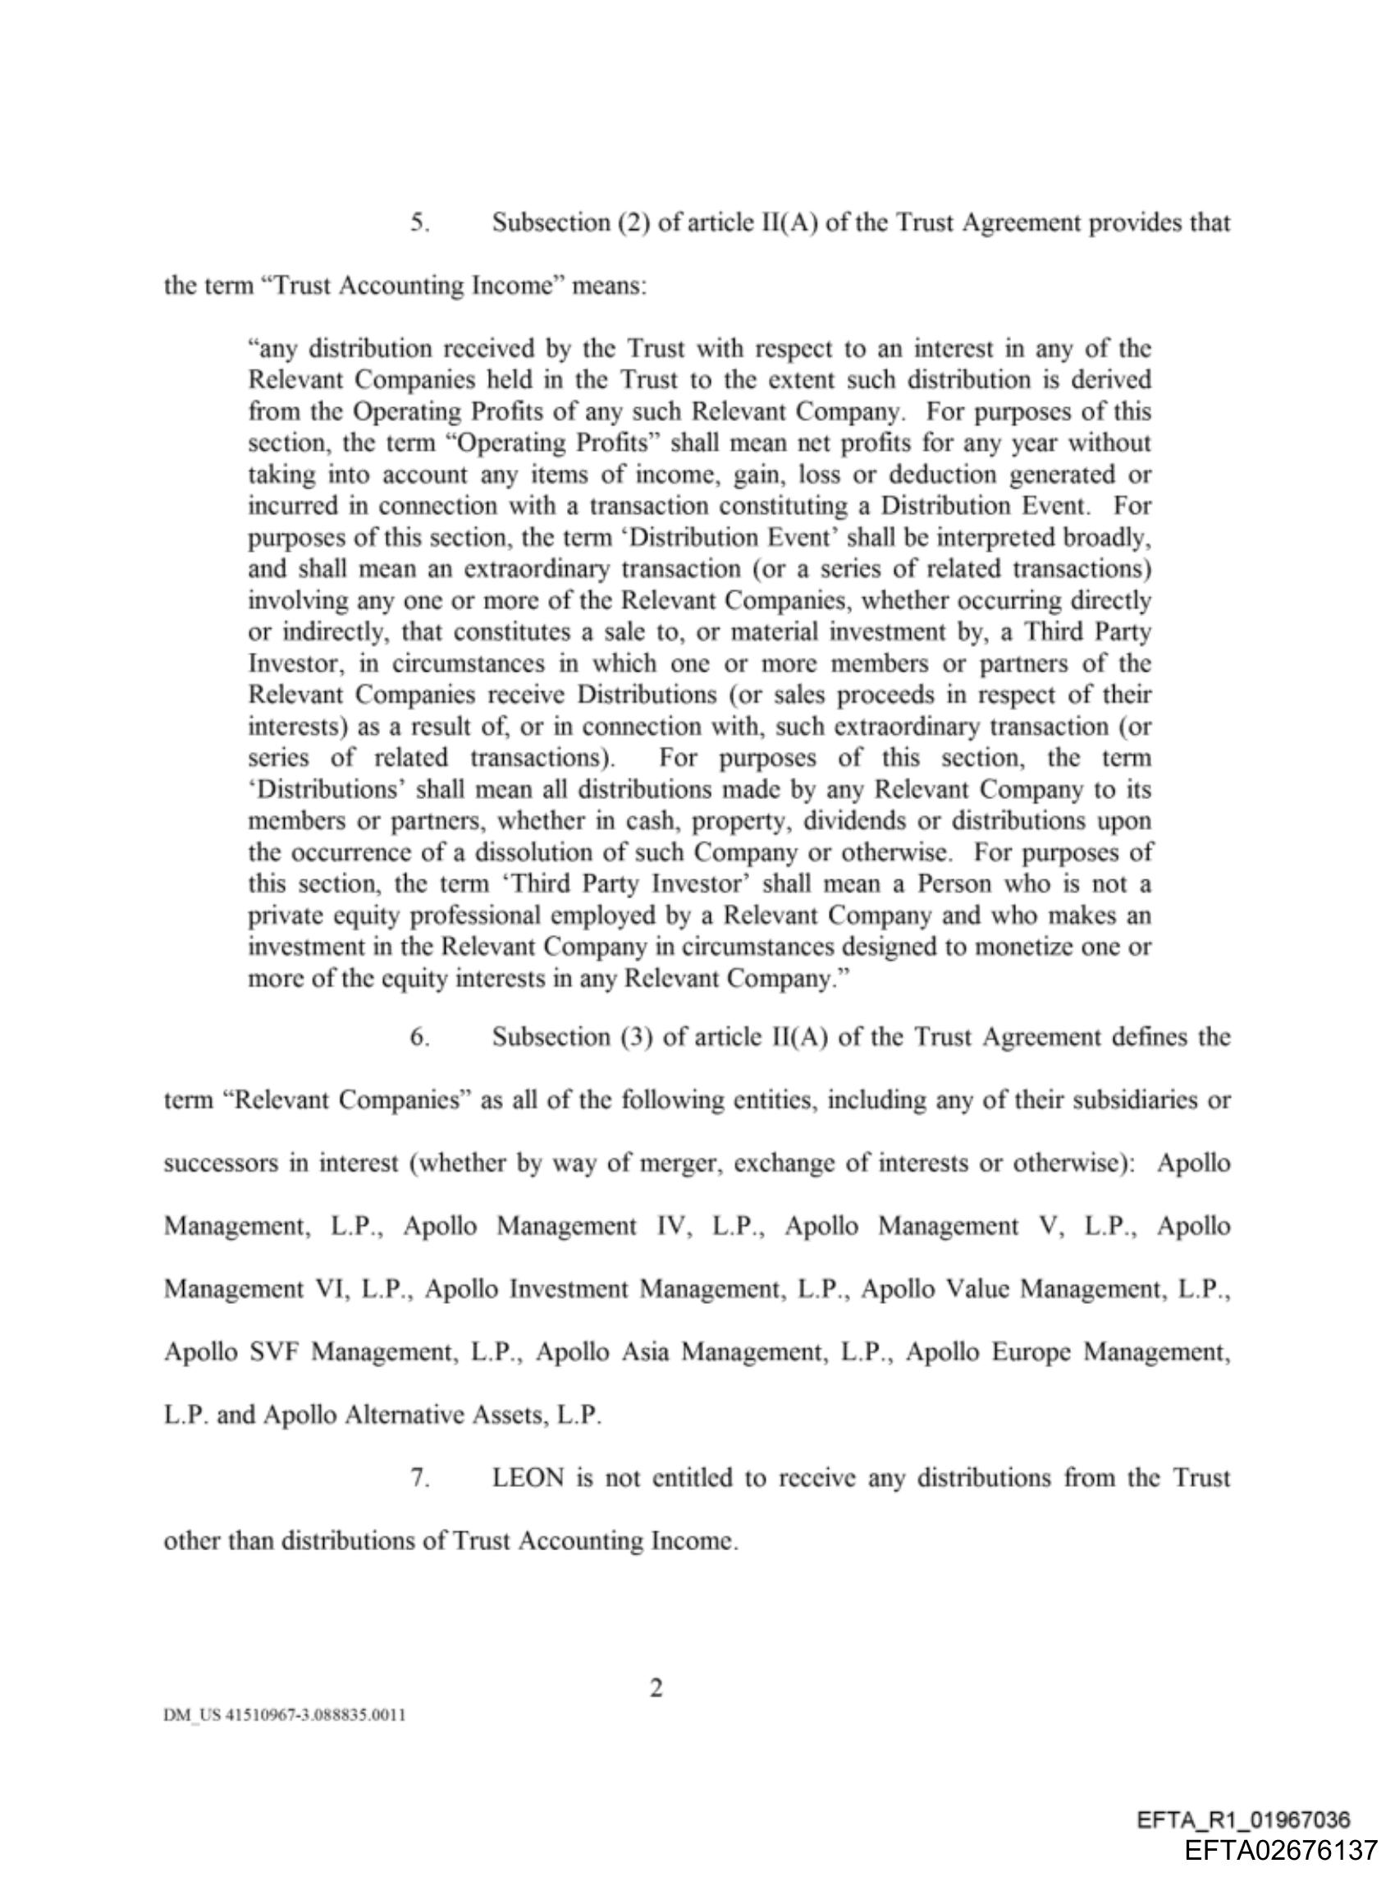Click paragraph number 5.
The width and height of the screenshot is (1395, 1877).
(x=419, y=223)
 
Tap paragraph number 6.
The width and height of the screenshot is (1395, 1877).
(x=419, y=1037)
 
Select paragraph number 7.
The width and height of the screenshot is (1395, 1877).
(x=419, y=1478)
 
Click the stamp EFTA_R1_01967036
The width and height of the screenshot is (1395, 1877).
(x=1244, y=1819)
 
